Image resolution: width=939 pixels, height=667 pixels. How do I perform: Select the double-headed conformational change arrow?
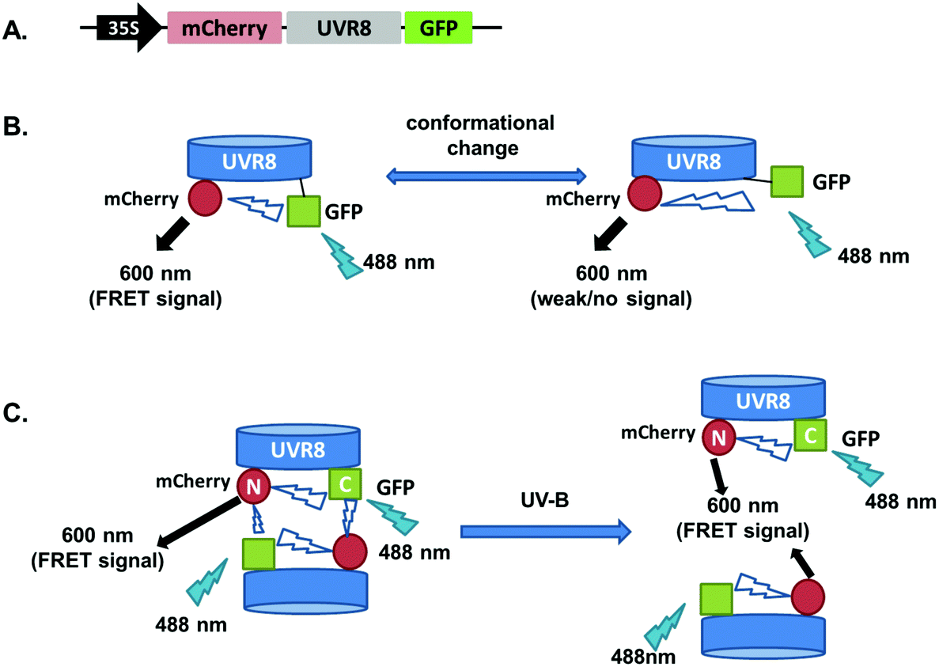[x=485, y=173]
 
